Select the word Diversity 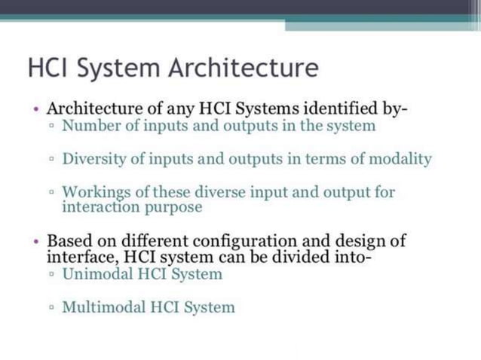pyautogui.click(x=93, y=159)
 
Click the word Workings pyautogui.click(x=93, y=192)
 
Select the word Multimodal pyautogui.click(x=100, y=307)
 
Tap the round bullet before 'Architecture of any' pyautogui.click(x=36, y=109)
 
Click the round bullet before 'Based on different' pyautogui.click(x=36, y=242)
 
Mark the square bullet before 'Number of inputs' pyautogui.click(x=51, y=127)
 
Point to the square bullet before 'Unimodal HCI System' pyautogui.click(x=51, y=274)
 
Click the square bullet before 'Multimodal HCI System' pyautogui.click(x=51, y=308)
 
